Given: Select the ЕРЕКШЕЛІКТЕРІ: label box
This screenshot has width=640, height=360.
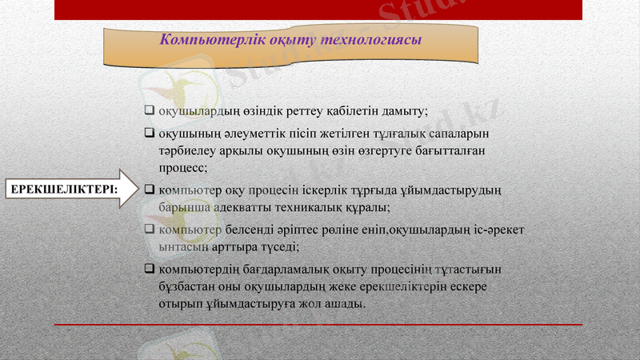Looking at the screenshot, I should pos(62,189).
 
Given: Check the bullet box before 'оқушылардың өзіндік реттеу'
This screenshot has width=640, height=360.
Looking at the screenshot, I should pos(149,110).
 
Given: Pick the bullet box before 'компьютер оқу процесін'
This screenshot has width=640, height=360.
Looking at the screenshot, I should pos(149,190).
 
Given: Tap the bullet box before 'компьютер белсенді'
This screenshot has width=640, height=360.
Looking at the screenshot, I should pos(149,230).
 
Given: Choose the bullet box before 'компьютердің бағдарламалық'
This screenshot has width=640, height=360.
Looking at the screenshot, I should pos(149,267).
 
